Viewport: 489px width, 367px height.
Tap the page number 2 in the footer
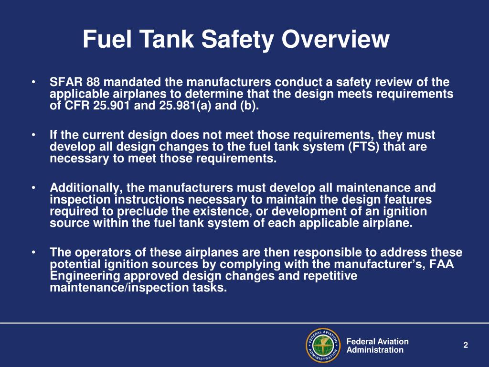[x=466, y=345]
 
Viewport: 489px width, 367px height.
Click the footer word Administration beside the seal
[x=375, y=350]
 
